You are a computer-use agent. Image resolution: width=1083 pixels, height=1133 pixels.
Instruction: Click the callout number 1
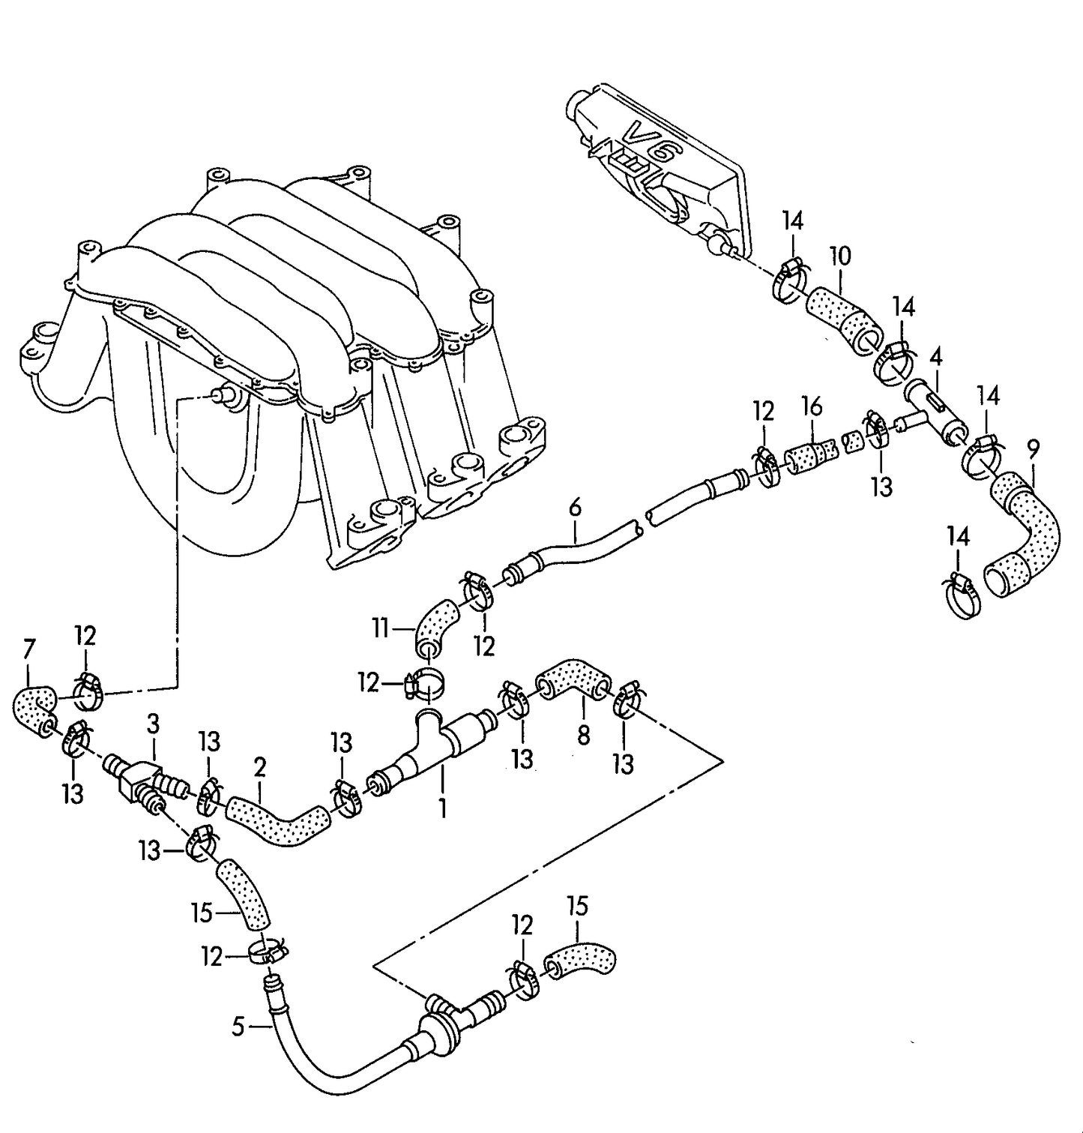443,808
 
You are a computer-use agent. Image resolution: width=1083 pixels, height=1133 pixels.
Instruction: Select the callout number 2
260,767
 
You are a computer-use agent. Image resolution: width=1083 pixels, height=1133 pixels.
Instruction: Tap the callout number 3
153,725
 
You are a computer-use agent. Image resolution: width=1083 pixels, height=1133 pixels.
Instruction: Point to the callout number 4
935,357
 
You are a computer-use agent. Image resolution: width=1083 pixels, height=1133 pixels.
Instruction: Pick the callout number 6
575,508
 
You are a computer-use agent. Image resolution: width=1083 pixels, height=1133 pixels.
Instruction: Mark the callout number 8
584,734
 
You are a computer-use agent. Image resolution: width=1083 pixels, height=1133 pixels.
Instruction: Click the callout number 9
1034,449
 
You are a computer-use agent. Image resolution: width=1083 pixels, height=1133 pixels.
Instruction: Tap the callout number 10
841,256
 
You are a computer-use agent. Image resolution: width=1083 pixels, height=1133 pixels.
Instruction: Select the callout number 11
382,627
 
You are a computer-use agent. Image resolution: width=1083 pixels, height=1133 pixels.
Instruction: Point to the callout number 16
812,406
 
